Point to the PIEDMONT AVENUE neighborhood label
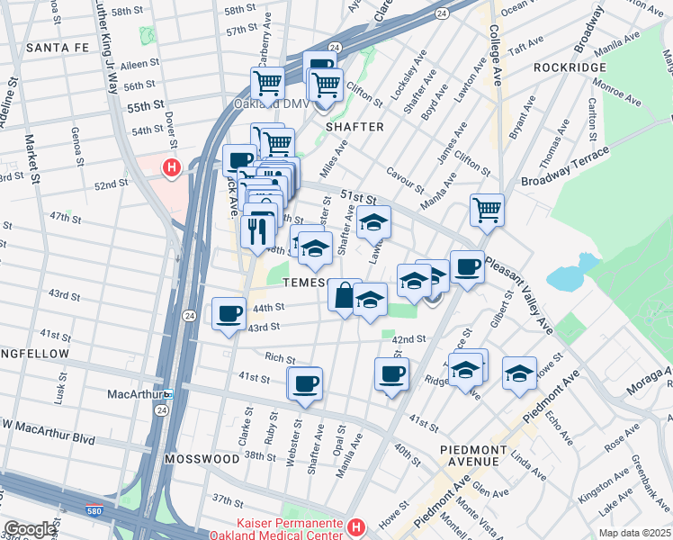[x=470, y=454]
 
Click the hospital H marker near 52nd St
[x=171, y=167]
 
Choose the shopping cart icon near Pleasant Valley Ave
[x=487, y=210]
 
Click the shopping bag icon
[x=344, y=294]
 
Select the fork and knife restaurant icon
[x=257, y=231]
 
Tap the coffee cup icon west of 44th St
[x=229, y=314]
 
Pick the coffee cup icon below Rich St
[x=304, y=383]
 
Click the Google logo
[x=30, y=529]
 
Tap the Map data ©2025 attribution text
[x=635, y=533]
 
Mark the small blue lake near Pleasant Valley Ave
[x=570, y=274]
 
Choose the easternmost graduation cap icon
[x=519, y=373]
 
